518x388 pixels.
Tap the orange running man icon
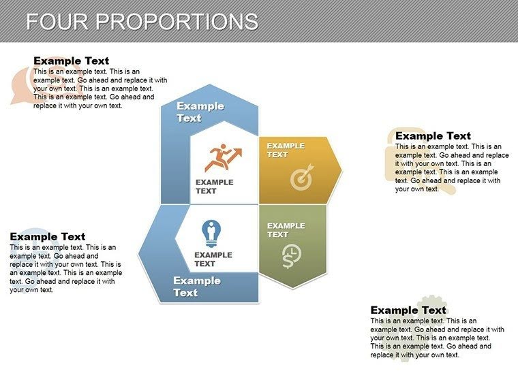222,159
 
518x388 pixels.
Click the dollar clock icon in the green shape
292,256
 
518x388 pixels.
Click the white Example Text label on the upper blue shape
200,112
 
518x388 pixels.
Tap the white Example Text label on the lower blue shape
196,287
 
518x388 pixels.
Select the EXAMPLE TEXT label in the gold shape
286,150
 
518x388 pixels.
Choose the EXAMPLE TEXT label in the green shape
286,230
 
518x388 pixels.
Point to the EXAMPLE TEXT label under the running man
214,187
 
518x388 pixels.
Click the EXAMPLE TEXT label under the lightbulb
213,259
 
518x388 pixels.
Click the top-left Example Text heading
71,61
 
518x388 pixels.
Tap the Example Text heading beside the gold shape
433,136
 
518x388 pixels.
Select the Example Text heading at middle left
48,237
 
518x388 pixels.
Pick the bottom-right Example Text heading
408,310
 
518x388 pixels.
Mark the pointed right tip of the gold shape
340,169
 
